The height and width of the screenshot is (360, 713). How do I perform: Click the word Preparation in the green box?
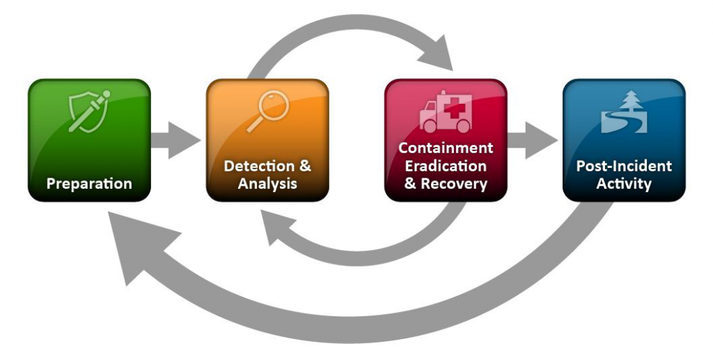tap(89, 185)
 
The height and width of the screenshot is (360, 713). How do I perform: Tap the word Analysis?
tap(267, 185)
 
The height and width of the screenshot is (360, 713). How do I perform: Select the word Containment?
tap(446, 148)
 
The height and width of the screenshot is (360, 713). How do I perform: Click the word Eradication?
tap(446, 166)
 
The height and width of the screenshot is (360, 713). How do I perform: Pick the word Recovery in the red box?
tap(453, 185)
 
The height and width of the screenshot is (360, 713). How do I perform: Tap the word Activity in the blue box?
tap(624, 185)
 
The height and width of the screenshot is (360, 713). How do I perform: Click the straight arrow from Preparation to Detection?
tap(175, 139)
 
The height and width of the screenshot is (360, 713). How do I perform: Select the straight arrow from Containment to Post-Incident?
tap(533, 139)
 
